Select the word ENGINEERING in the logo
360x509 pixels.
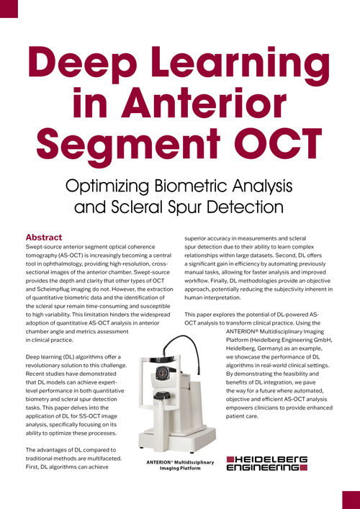click(264, 467)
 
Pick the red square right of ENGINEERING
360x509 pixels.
click(305, 468)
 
